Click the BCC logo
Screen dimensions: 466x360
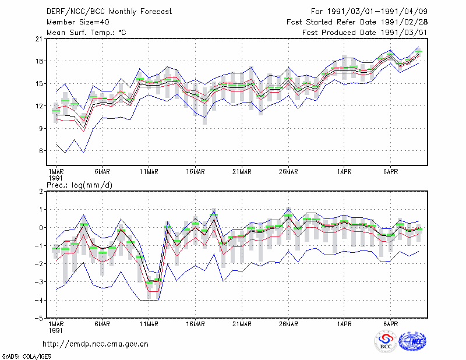[386, 341]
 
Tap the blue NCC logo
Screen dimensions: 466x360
[412, 341]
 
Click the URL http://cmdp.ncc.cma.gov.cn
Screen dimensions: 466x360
[96, 344]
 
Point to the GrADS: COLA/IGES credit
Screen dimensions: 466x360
[26, 357]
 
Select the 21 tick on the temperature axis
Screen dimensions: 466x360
[40, 38]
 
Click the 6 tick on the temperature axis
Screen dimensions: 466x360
[41, 151]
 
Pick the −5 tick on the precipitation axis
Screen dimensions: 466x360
[39, 318]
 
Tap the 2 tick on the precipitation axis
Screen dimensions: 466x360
[41, 192]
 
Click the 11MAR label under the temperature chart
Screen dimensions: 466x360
[149, 172]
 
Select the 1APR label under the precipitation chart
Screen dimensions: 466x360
[344, 324]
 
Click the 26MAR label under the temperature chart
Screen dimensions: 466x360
[288, 172]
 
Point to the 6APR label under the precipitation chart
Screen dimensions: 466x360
[390, 324]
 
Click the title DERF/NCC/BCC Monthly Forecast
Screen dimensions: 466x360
[109, 12]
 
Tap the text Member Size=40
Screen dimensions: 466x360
[78, 22]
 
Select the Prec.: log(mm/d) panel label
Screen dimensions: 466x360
[79, 185]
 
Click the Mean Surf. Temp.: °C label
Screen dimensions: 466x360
[86, 33]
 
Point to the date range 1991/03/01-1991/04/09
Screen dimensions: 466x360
[377, 12]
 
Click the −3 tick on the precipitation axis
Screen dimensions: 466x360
[39, 282]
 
